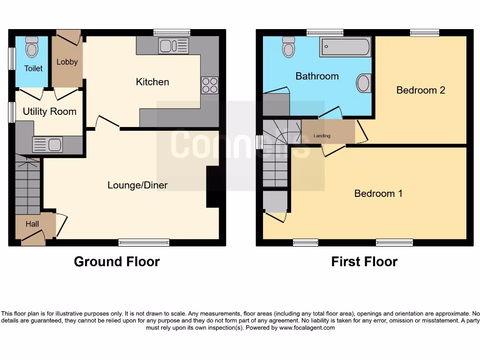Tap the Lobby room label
[67, 62]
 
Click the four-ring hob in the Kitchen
[210, 85]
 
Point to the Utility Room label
[49, 112]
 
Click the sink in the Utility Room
[47, 144]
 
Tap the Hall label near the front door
[32, 224]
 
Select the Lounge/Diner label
[137, 185]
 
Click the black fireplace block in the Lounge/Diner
[212, 187]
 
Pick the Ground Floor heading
[117, 262]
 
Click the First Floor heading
[364, 262]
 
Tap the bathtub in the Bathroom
[345, 47]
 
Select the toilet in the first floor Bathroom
[288, 46]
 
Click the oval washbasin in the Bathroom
[364, 84]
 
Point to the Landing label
[322, 136]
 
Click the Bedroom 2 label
[420, 90]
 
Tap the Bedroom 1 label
[378, 193]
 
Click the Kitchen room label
[152, 82]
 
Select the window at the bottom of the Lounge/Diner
[143, 242]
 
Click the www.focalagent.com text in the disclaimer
[307, 328]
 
